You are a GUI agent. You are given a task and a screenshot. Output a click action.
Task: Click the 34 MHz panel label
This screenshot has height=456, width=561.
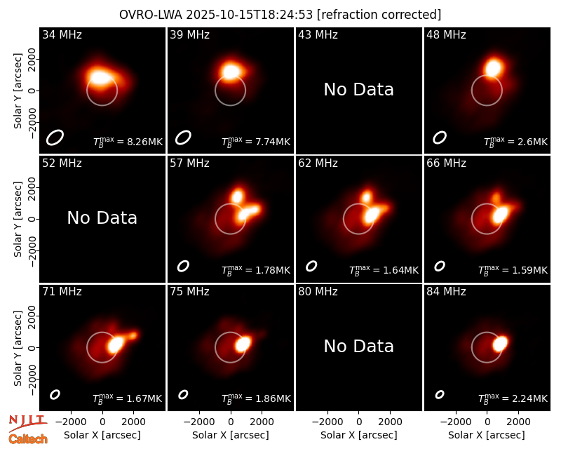(x=62, y=34)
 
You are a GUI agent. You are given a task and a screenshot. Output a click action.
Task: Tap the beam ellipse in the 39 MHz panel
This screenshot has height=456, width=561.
(x=183, y=138)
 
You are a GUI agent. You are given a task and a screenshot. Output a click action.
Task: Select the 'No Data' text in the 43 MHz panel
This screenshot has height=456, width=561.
(x=359, y=90)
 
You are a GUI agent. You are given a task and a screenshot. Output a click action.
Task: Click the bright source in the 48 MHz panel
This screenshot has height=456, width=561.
(x=494, y=67)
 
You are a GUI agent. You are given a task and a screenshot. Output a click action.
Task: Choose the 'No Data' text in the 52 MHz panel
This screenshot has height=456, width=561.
(x=102, y=217)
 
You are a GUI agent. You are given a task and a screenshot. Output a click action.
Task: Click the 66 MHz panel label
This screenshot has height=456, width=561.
(x=446, y=163)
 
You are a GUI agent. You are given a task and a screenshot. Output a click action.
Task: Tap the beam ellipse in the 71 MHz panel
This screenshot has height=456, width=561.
(x=55, y=394)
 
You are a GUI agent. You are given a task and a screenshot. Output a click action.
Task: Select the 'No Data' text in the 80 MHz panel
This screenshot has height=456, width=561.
(x=359, y=346)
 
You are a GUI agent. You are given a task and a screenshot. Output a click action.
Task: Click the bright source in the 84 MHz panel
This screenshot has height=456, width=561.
(x=500, y=344)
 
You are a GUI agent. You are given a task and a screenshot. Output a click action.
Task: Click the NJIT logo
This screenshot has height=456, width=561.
(x=27, y=422)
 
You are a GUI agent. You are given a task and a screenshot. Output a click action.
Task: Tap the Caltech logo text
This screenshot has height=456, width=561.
(x=28, y=439)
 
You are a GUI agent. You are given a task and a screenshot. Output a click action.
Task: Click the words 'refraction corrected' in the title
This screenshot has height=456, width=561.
(x=379, y=15)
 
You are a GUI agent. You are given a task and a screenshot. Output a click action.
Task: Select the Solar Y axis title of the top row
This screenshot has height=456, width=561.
(x=18, y=91)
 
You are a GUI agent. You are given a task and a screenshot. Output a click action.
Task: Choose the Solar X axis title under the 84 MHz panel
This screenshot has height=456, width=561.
(x=487, y=435)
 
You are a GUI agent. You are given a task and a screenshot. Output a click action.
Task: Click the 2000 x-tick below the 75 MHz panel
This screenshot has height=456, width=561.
(x=262, y=422)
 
